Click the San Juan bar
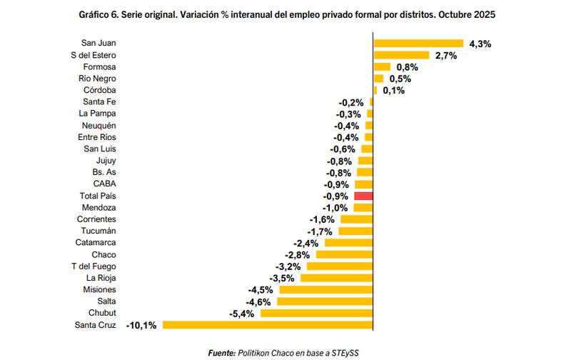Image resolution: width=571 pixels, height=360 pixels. click(418, 44)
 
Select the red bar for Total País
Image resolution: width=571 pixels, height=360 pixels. click(363, 196)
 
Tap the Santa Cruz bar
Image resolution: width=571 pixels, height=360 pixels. click(268, 325)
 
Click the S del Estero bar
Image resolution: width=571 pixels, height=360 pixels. click(401, 55)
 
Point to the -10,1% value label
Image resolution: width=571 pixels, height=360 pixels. click(142, 326)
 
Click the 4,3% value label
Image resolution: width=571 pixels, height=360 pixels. click(480, 44)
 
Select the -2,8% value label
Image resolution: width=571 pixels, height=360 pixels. click(296, 255)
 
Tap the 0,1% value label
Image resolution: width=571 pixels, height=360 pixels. click(393, 91)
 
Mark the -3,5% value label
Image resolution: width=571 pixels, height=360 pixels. click(282, 278)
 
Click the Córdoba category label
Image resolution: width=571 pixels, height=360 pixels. click(100, 91)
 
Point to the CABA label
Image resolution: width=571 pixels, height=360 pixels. click(104, 184)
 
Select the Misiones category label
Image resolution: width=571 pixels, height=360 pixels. click(99, 290)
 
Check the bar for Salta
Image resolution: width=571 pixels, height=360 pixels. click(325, 301)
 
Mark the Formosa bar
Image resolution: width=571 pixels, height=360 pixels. click(382, 67)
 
